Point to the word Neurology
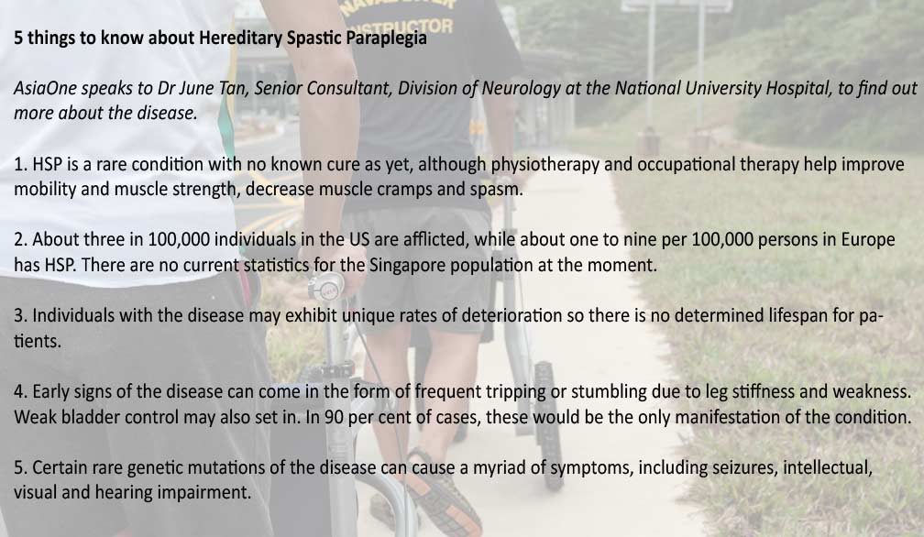tap(521, 88)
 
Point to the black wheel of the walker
tap(548, 424)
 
